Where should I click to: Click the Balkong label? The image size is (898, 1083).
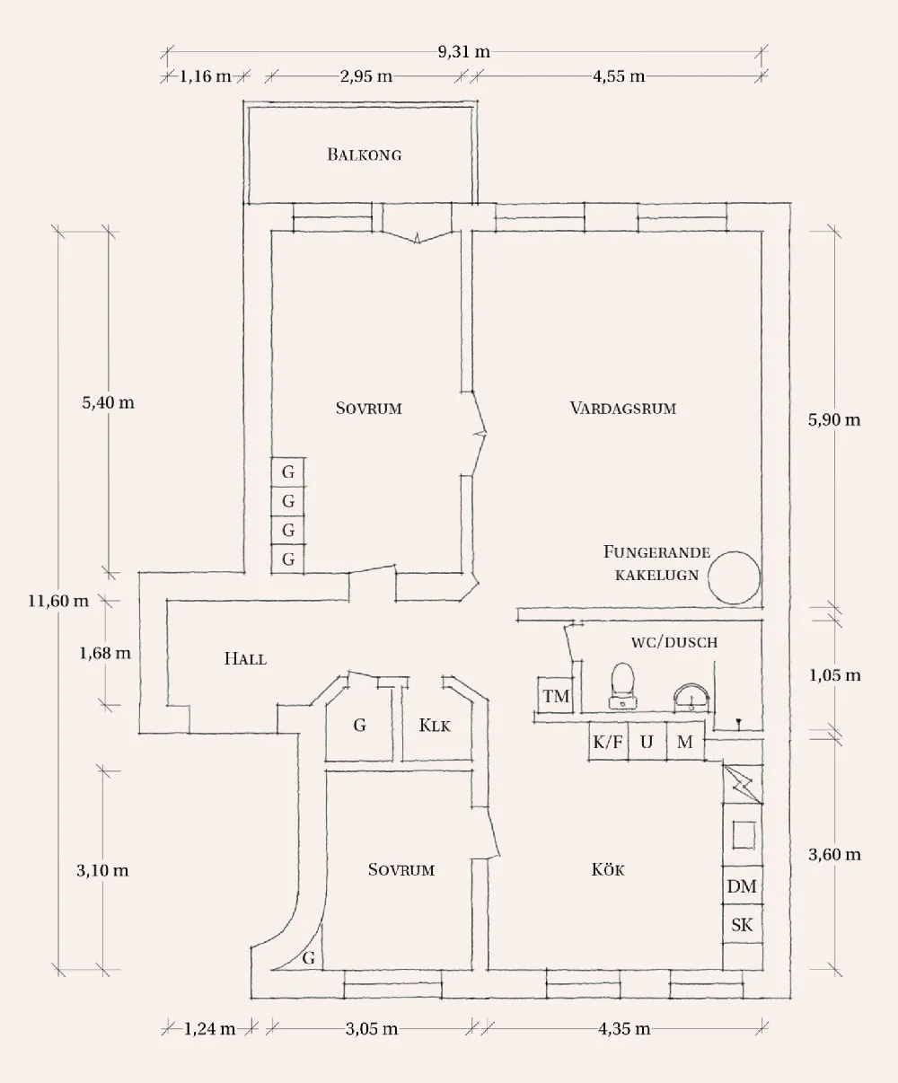(x=364, y=154)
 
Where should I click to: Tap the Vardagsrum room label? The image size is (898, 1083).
(x=622, y=409)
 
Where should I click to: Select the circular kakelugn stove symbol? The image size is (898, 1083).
(x=734, y=577)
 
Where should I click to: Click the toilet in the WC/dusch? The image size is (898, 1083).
(x=621, y=684)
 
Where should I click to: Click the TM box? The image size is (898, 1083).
(x=556, y=696)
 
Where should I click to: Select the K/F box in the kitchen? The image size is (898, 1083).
(x=607, y=742)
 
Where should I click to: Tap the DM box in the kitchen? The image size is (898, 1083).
(x=742, y=886)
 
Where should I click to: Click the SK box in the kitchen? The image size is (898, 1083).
(x=742, y=925)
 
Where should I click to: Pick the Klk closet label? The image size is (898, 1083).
(x=436, y=726)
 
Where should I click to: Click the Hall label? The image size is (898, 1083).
(x=245, y=659)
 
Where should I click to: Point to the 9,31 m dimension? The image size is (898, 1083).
(x=464, y=52)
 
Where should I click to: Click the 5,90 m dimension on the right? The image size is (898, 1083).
(x=834, y=419)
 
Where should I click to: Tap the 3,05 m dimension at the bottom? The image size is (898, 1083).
(x=372, y=1029)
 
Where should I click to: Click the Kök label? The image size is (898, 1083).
(x=608, y=870)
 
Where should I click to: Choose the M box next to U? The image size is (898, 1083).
(x=685, y=742)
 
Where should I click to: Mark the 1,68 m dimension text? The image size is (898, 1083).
(x=105, y=654)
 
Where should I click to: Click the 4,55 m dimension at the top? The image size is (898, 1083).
(x=619, y=76)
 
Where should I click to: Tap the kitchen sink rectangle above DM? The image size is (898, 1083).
(x=743, y=834)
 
